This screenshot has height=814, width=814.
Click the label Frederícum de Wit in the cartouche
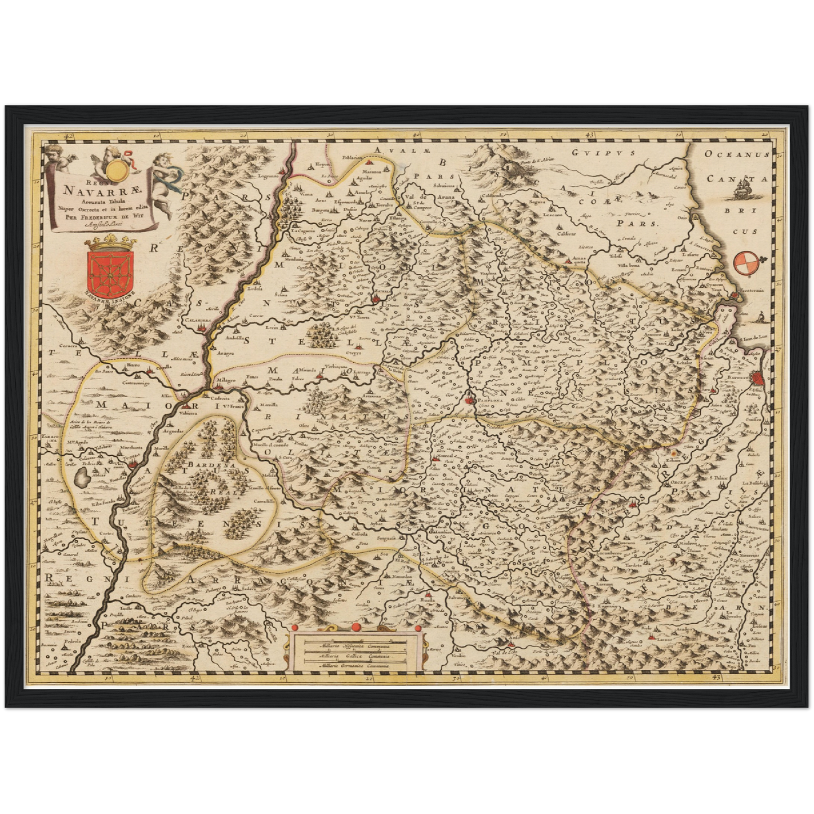coord(103,215)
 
